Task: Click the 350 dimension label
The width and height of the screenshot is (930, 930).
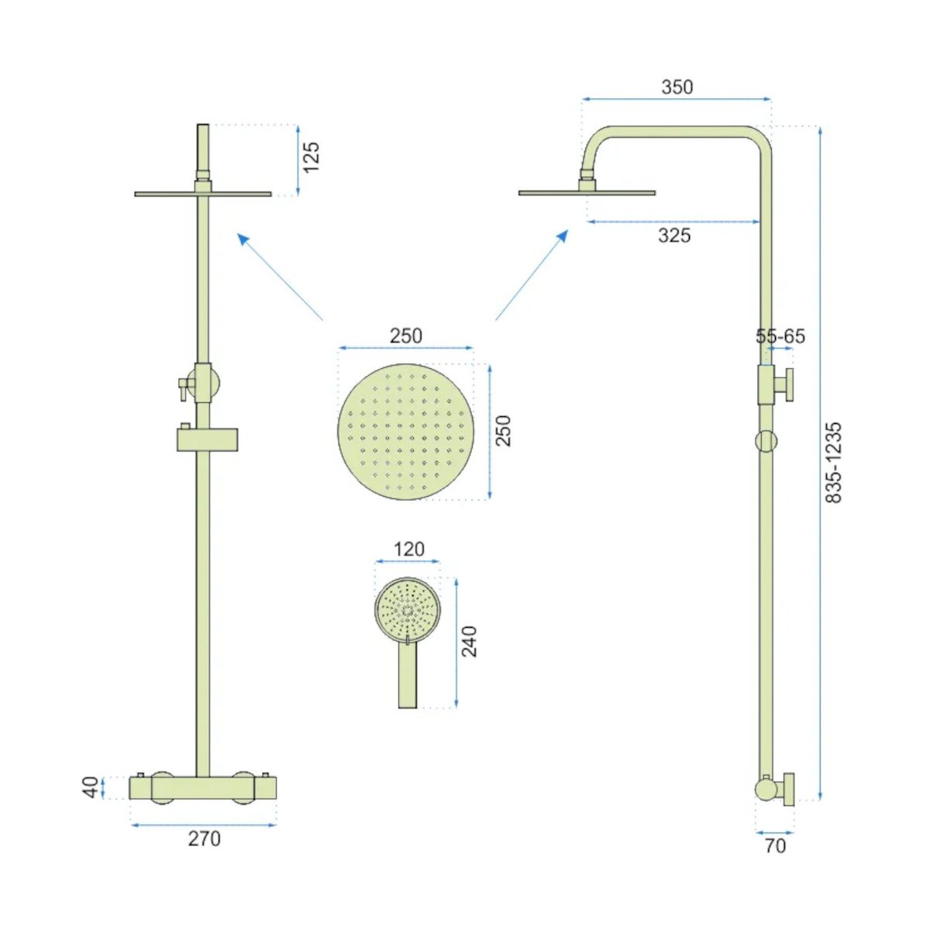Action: tap(677, 88)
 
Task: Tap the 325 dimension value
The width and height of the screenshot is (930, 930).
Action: tap(674, 236)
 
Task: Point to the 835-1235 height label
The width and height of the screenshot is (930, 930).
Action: tap(833, 463)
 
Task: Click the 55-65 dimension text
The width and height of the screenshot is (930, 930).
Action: tap(780, 336)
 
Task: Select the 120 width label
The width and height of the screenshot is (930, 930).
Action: tap(408, 549)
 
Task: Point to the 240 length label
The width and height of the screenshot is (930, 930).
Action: tap(469, 641)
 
